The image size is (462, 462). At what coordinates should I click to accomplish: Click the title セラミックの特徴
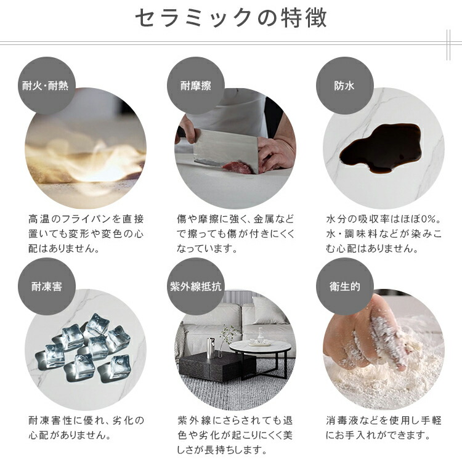231,18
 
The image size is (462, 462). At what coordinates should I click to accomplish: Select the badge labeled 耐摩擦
196,86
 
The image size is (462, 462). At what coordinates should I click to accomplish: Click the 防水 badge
345,86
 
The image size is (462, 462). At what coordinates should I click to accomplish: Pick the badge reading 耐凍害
47,286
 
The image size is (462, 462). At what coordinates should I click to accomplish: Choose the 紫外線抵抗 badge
196,286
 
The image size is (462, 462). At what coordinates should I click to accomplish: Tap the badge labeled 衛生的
345,286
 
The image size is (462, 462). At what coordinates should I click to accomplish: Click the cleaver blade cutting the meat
226,150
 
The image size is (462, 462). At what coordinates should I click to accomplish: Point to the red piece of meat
238,168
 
